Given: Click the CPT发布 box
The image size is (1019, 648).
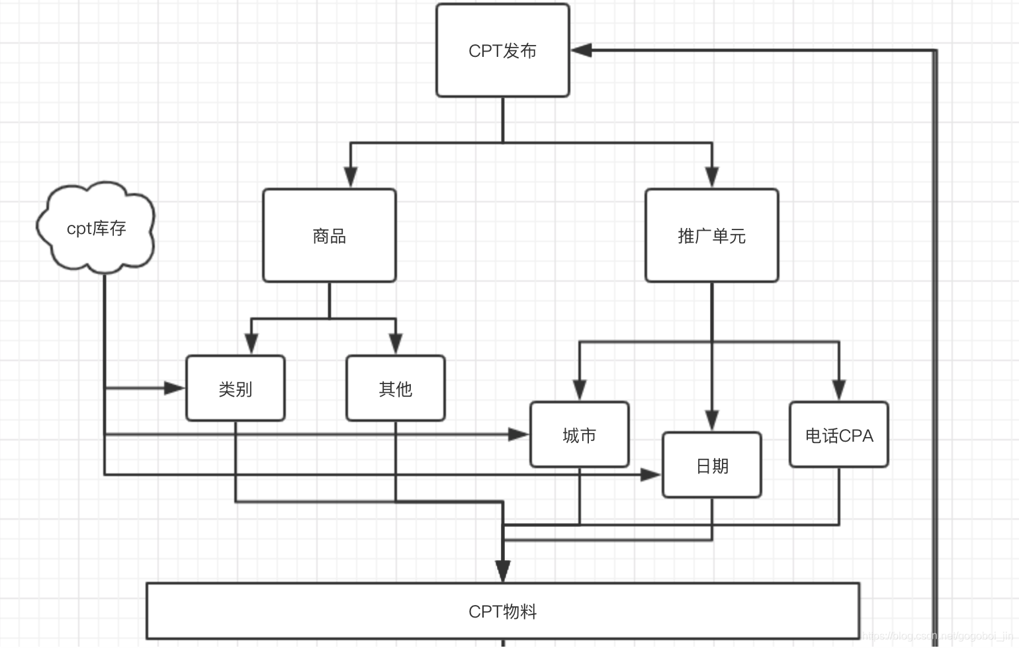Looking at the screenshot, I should pyautogui.click(x=502, y=51).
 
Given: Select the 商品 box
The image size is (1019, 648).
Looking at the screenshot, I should pyautogui.click(x=330, y=236).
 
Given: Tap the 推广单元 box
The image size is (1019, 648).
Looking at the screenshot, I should pyautogui.click(x=711, y=236).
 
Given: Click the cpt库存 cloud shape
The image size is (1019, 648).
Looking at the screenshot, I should pyautogui.click(x=96, y=228).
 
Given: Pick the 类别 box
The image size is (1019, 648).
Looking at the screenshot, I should pyautogui.click(x=236, y=389).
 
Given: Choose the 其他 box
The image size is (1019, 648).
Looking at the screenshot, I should pyautogui.click(x=395, y=389).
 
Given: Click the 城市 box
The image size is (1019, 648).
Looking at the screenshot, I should pyautogui.click(x=579, y=435).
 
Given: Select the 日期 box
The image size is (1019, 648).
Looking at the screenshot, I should pyautogui.click(x=712, y=466).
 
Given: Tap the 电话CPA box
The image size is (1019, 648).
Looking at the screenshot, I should pyautogui.click(x=838, y=435).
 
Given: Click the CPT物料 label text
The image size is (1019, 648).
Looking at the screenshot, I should pyautogui.click(x=502, y=612).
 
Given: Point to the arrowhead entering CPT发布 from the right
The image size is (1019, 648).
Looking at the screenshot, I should pyautogui.click(x=581, y=50).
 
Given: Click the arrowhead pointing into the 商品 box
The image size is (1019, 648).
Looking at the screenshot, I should pyautogui.click(x=351, y=177).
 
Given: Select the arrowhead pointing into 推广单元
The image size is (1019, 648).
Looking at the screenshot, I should pyautogui.click(x=712, y=177).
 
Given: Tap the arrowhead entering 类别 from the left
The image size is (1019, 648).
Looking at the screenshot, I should pyautogui.click(x=175, y=388).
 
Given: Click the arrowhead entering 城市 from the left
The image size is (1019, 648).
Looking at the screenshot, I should pyautogui.click(x=518, y=434).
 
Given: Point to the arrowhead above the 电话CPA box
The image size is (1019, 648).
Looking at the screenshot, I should pyautogui.click(x=839, y=389).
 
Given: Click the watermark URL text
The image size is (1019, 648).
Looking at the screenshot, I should pyautogui.click(x=940, y=637).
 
